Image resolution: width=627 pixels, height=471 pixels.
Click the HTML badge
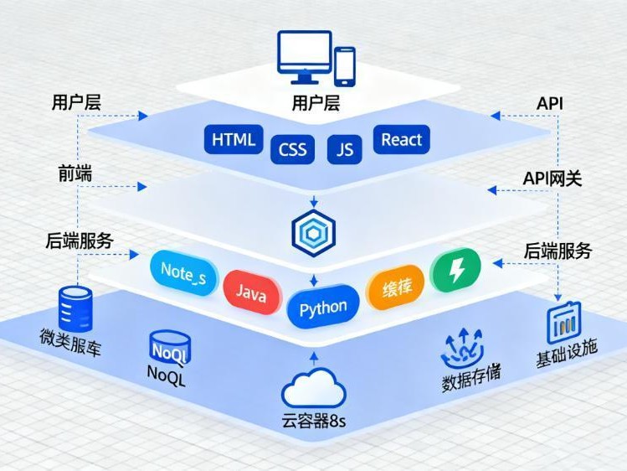coord(234,140)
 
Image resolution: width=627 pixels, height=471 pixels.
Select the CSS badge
coord(292,151)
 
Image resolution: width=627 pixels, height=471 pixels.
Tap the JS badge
coord(344,150)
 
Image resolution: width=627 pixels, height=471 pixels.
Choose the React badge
coord(402,140)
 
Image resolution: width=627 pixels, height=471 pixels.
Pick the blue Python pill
coord(323,308)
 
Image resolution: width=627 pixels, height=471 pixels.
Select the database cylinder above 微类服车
coord(75,307)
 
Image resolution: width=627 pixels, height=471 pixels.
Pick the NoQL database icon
coord(170,347)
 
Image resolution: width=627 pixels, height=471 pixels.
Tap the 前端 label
coord(75,173)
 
